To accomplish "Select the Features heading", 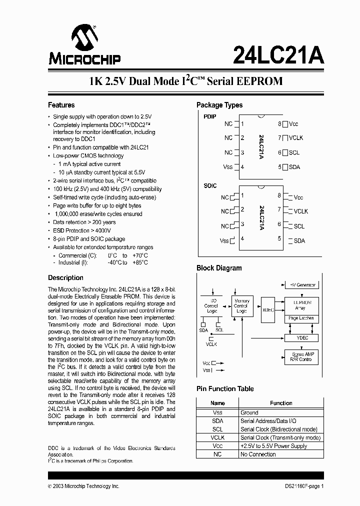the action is (61, 105).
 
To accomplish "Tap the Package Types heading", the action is (219, 105).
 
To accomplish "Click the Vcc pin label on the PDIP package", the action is (293, 124).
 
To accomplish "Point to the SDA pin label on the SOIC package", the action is (299, 240).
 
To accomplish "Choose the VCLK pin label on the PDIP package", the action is (295, 138).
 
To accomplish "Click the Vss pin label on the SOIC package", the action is (224, 240).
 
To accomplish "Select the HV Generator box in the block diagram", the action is (302, 284).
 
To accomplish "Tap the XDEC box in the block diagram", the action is (268, 309).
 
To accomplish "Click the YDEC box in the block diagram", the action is (302, 338).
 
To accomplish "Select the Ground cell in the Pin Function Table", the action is (249, 412).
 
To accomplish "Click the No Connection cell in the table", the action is (258, 454).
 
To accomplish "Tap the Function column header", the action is (281, 403).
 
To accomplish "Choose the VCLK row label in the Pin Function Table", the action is (217, 437).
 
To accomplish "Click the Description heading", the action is (65, 277).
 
